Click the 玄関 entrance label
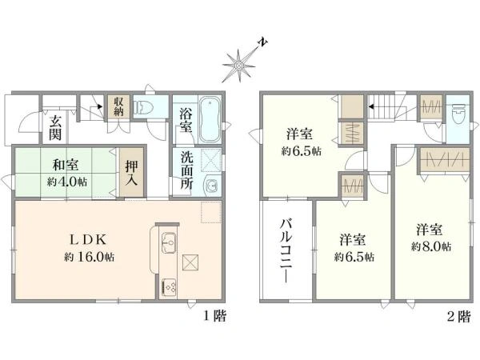point(56,128)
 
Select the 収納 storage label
point(118,106)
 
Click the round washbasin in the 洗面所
point(211,187)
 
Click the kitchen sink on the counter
point(167,240)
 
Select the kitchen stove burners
point(170,285)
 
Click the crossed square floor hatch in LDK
point(192,262)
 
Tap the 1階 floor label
point(213,316)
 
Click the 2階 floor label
point(458,316)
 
